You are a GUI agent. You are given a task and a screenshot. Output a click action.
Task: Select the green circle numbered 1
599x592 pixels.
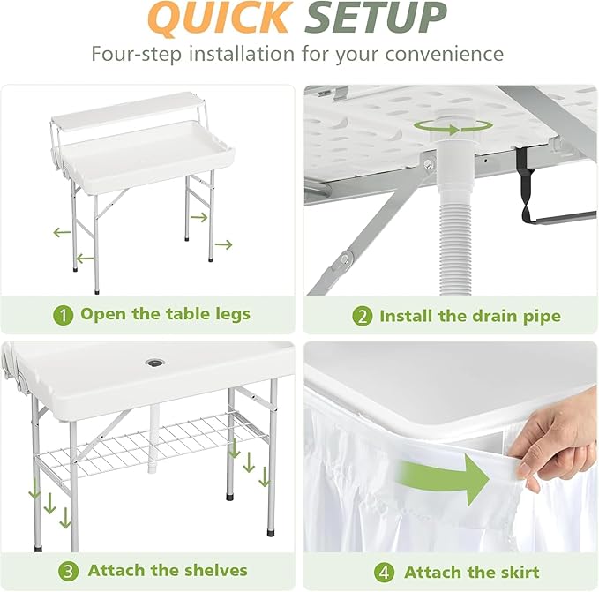tap(63, 314)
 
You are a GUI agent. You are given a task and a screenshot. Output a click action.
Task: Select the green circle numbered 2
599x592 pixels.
tap(363, 316)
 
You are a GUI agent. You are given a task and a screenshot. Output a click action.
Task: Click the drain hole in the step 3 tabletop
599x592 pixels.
tap(154, 363)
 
